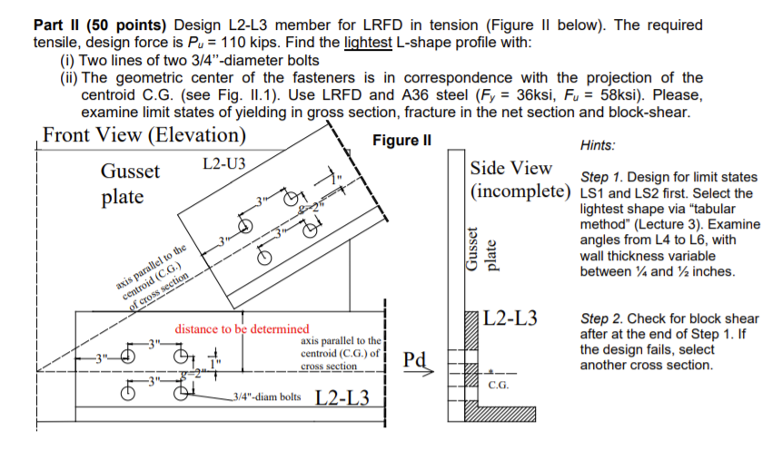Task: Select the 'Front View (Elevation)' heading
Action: tap(144, 135)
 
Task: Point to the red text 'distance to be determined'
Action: tap(241, 328)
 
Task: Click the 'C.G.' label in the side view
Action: tap(499, 385)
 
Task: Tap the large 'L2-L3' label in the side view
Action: tap(511, 318)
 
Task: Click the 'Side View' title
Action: tap(511, 168)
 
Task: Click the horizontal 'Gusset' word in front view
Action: tap(130, 171)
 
